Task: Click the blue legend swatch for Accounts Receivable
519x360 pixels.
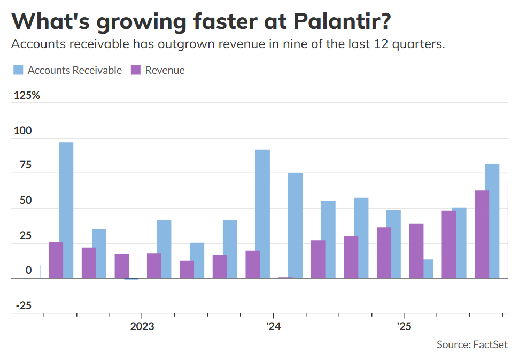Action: [x=18, y=70]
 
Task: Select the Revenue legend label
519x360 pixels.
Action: [x=165, y=70]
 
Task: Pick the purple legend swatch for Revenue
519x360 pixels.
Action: [x=136, y=70]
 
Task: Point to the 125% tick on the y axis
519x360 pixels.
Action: [x=26, y=96]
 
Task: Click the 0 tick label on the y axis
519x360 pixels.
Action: [x=29, y=271]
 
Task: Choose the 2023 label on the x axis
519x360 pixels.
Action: [x=142, y=326]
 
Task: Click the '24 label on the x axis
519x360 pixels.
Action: [x=273, y=326]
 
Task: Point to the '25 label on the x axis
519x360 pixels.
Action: [x=404, y=326]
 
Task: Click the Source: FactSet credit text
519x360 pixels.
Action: [x=471, y=344]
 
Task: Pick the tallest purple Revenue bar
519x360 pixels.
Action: [x=482, y=234]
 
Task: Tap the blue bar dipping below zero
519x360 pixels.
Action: [x=131, y=279]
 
